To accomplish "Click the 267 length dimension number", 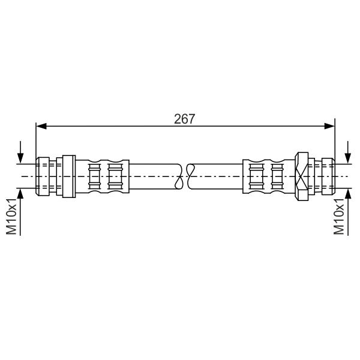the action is pyautogui.click(x=184, y=119).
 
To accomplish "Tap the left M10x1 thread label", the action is pyautogui.click(x=11, y=217).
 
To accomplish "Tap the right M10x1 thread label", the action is pyautogui.click(x=339, y=217).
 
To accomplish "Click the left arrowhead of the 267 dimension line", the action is pyautogui.click(x=41, y=126).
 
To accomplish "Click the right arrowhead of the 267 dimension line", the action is pyautogui.click(x=329, y=126).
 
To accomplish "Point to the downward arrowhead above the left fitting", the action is pyautogui.click(x=20, y=158).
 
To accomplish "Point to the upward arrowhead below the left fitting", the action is pyautogui.click(x=20, y=194).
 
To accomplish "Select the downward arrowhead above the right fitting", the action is pyautogui.click(x=348, y=158).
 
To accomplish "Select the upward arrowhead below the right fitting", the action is pyautogui.click(x=348, y=194).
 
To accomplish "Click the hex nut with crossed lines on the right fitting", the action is pyautogui.click(x=301, y=176).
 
